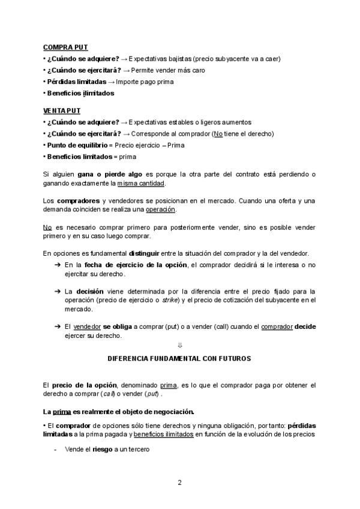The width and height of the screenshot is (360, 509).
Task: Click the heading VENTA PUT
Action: point(62,111)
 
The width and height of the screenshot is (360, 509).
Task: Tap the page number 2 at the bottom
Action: point(179,483)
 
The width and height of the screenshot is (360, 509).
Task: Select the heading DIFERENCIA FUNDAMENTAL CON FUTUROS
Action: point(179,358)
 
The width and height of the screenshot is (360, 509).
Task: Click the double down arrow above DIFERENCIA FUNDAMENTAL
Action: point(179,345)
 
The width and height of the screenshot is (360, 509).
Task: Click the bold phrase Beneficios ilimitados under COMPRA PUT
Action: point(80,93)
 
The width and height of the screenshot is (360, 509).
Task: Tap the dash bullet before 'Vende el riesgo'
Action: point(56,450)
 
